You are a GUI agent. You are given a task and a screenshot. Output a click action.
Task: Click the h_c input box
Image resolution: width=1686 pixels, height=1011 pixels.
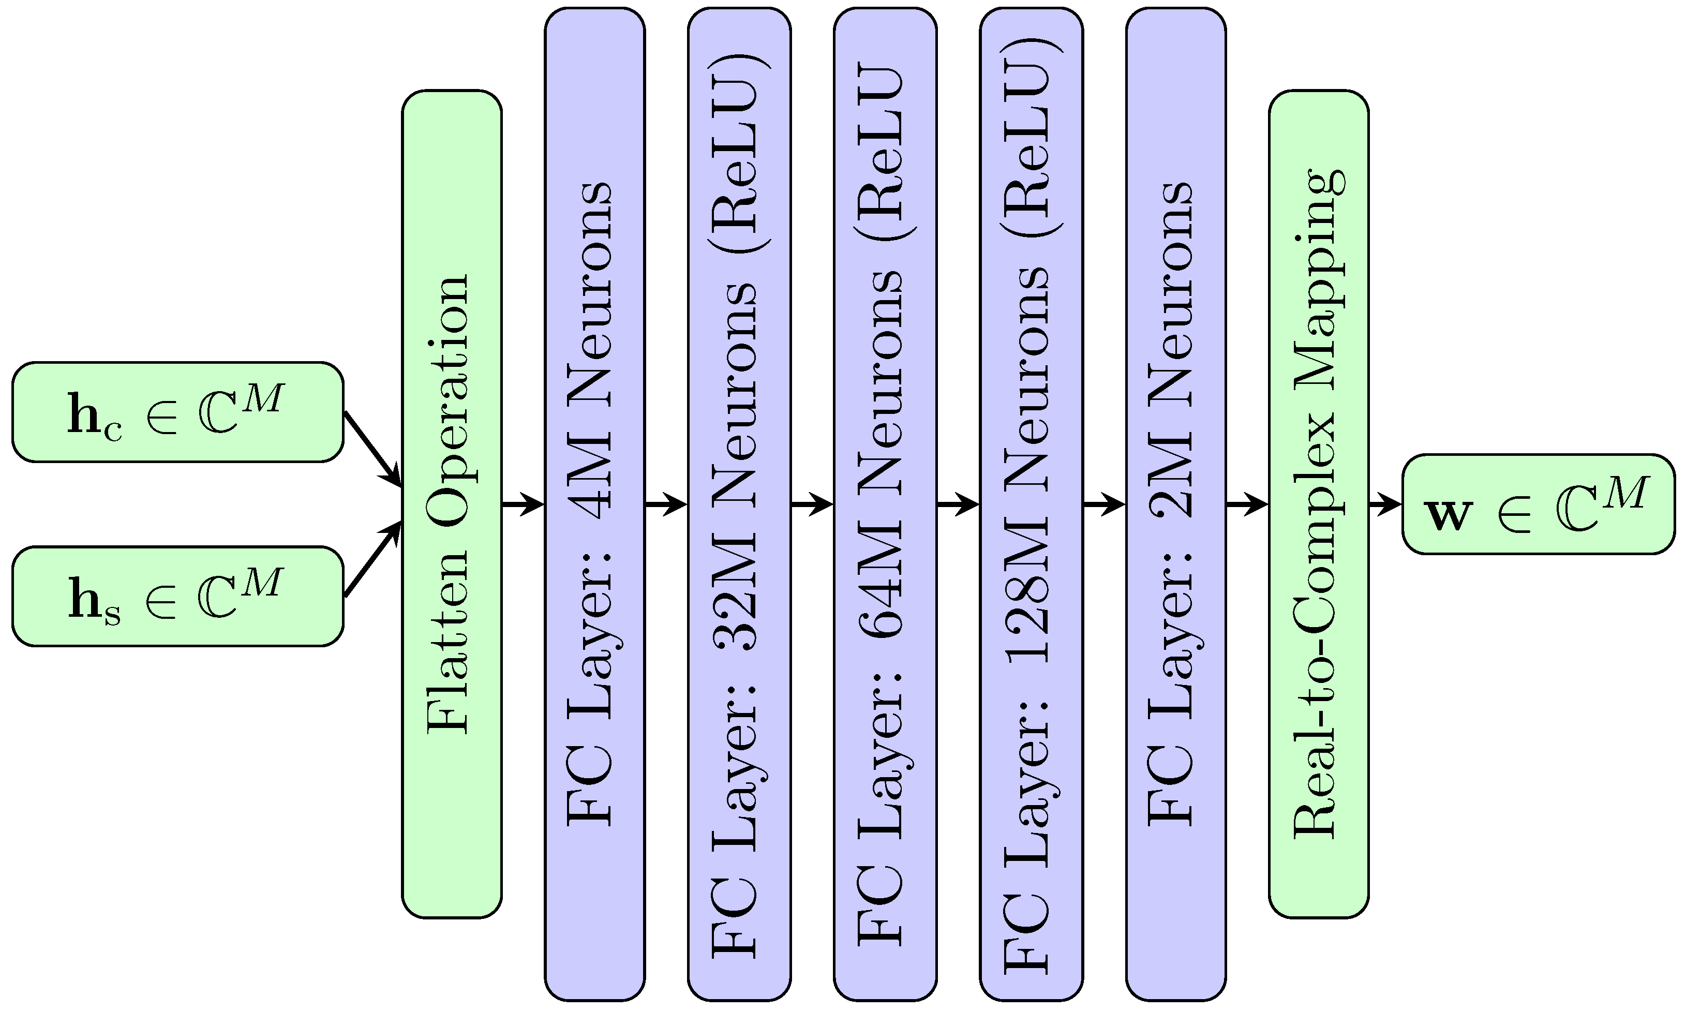click(177, 412)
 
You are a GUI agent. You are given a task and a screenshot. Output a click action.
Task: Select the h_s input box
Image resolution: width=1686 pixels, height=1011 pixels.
click(177, 596)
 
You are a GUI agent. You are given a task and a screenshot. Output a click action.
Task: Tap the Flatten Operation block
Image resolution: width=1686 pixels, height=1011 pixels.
click(452, 504)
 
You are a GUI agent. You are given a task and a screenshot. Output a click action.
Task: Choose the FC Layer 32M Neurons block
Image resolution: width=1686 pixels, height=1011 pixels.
click(739, 504)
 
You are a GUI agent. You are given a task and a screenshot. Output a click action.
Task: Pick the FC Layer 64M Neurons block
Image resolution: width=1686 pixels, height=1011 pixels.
click(885, 504)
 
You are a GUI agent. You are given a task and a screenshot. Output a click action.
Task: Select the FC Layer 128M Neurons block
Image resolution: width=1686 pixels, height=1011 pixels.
click(1031, 504)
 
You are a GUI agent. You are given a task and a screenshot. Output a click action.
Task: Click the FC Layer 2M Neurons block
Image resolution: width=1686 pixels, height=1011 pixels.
click(1176, 504)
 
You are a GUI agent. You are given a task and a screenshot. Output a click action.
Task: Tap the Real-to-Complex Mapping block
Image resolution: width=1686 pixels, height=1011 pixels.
click(1318, 504)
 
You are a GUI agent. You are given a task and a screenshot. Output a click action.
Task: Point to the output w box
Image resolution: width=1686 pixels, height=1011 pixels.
click(1538, 504)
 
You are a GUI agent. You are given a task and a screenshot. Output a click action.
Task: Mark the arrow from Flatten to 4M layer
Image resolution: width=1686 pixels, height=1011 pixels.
click(523, 504)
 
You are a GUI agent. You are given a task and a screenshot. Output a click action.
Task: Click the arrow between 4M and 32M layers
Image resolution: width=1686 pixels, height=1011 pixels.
click(665, 504)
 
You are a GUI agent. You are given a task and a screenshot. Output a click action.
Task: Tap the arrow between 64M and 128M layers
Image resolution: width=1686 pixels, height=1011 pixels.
click(958, 504)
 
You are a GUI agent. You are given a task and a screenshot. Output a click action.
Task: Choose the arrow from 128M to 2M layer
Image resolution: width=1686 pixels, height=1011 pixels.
click(1103, 504)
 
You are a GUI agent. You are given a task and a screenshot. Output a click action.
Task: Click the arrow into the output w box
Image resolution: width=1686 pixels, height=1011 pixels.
click(1385, 504)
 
